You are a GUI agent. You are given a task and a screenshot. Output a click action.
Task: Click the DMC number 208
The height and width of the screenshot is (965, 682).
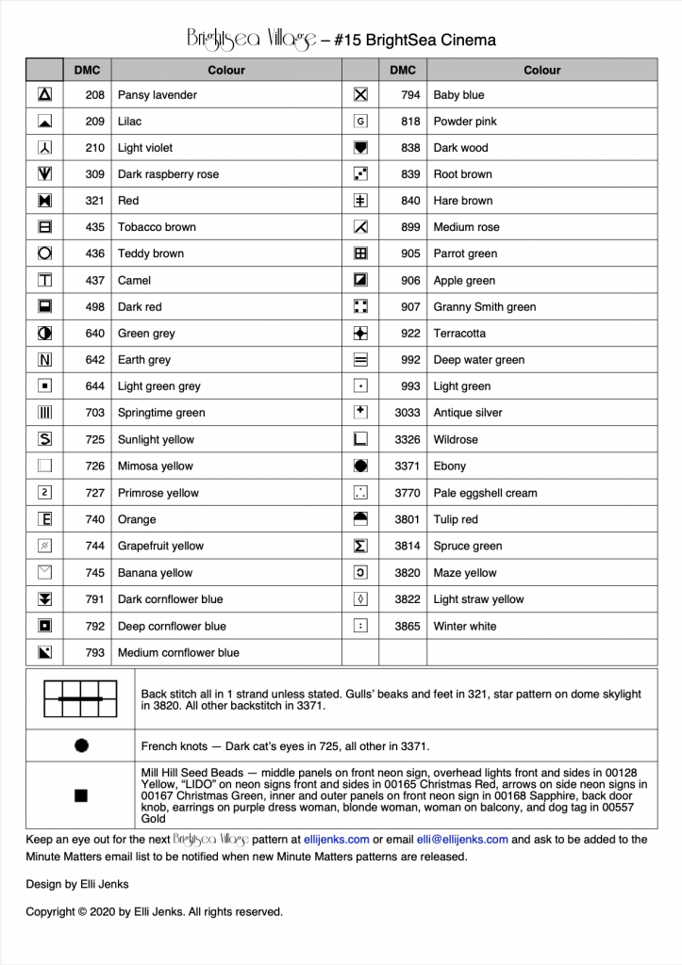[x=94, y=95]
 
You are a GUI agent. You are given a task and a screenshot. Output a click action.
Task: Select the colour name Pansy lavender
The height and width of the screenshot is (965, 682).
[x=158, y=95]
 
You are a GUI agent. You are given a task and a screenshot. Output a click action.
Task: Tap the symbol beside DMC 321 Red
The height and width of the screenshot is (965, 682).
[x=44, y=201]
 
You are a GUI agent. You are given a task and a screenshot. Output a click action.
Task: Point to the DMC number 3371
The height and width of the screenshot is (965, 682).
[x=408, y=466]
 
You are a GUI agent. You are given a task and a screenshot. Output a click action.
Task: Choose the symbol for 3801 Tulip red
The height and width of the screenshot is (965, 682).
[x=359, y=519]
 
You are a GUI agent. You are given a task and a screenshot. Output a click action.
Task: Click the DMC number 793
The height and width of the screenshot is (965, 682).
[x=94, y=652]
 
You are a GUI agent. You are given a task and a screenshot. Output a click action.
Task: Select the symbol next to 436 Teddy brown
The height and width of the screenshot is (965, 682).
[x=44, y=254]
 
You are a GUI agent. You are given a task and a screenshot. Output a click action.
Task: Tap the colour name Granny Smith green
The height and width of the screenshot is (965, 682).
[x=485, y=307]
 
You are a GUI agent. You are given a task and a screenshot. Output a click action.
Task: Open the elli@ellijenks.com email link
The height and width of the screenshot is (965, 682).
[x=462, y=839]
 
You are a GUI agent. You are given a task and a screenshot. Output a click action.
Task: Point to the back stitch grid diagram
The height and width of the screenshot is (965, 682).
[x=81, y=698]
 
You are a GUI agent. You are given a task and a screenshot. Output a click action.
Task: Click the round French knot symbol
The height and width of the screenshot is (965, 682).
[x=81, y=745]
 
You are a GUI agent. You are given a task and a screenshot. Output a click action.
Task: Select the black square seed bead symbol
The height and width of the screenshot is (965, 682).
[x=81, y=795]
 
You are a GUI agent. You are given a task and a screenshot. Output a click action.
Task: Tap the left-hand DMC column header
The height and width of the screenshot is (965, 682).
[x=88, y=70]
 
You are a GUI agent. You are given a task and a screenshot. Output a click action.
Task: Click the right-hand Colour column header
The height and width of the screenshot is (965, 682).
[x=542, y=70]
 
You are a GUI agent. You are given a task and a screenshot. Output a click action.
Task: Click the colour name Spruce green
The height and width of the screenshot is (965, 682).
[x=468, y=546]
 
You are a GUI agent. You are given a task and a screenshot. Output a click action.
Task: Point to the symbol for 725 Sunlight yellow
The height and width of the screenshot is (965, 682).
[x=44, y=439]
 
